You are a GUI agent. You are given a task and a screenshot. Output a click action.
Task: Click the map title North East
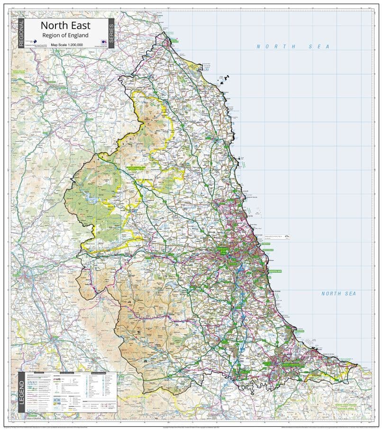coord(65,26)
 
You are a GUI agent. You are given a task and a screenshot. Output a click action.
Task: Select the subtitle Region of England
coord(65,35)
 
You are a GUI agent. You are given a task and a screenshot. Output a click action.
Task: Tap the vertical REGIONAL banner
coord(21,33)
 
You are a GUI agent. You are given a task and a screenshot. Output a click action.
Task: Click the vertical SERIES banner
coord(111,33)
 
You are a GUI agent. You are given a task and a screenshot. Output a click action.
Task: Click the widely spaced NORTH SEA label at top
coord(292,46)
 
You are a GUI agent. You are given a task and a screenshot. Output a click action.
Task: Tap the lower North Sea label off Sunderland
coord(338,294)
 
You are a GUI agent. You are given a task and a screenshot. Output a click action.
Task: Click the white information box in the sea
coord(276,236)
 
